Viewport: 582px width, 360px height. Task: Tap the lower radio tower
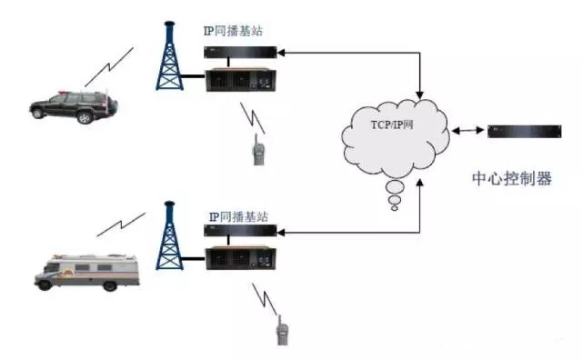[169, 237]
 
